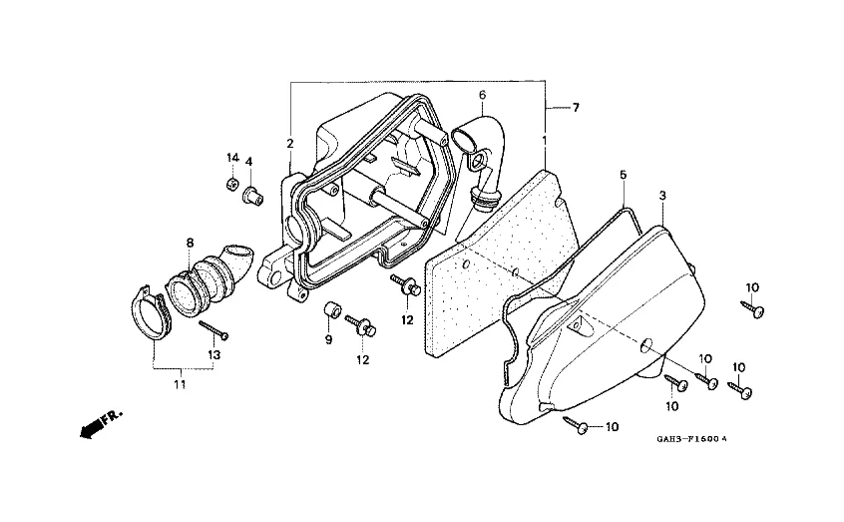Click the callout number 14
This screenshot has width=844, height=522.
point(232,158)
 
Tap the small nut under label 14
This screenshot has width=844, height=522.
point(232,184)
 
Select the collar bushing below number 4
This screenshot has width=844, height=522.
point(253,196)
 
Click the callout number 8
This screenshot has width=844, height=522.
point(190,243)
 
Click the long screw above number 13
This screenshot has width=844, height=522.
point(213,329)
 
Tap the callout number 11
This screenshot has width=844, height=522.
point(180,384)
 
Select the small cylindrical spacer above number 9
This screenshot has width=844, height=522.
point(332,311)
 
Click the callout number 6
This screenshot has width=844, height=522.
point(482,95)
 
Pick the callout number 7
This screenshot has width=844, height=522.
point(576,108)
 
